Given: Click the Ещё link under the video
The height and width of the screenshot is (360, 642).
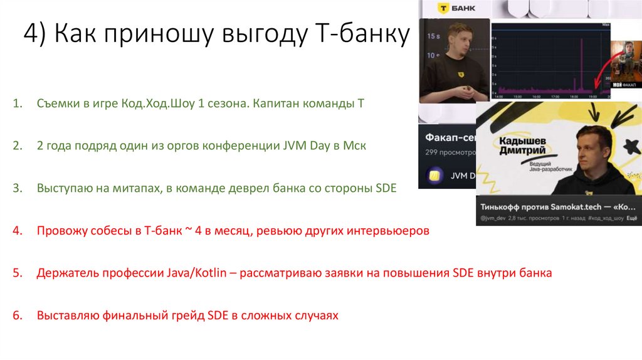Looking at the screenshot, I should [x=632, y=218].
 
